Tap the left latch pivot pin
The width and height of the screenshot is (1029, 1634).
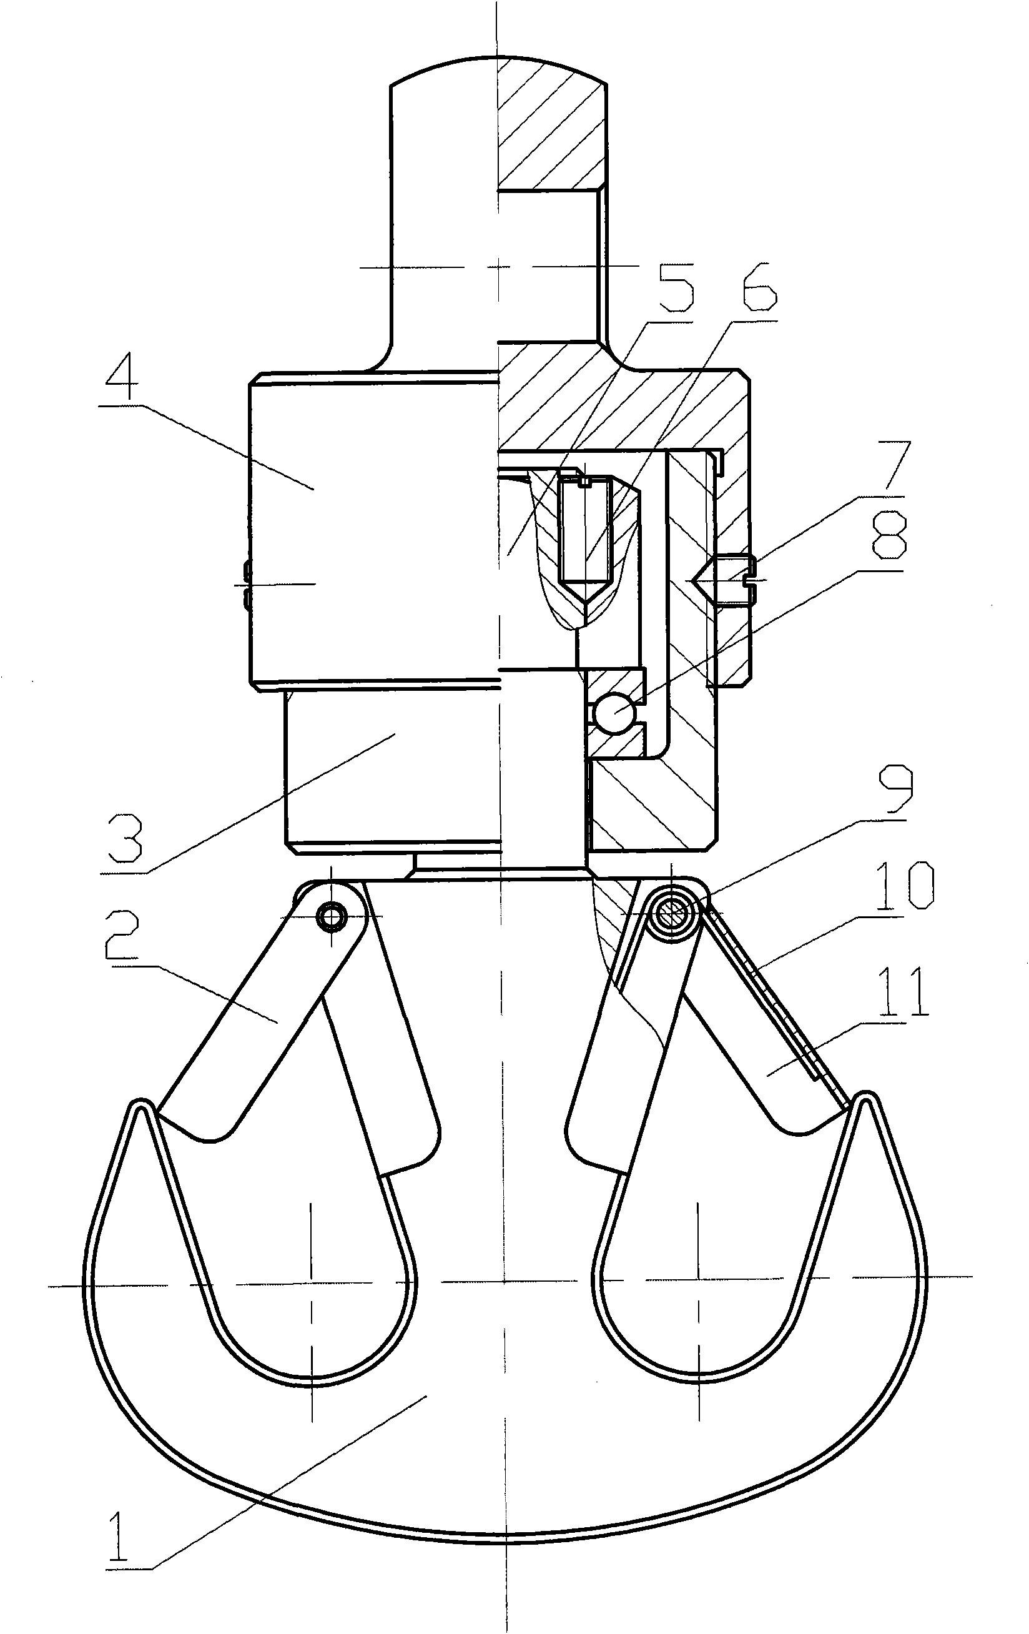point(332,916)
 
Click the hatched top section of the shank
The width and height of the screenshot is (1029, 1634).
point(551,122)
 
